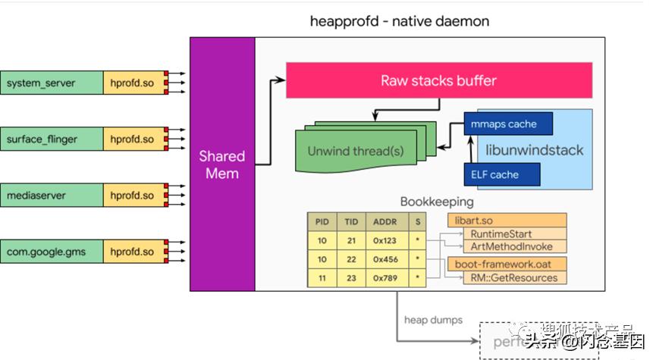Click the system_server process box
pos(52,83)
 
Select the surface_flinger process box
pos(52,139)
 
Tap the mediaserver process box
pos(52,196)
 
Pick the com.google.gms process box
pos(52,252)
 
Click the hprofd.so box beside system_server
pos(132,83)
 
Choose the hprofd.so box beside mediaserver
pos(132,196)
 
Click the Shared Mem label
pos(221,164)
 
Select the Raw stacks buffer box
pos(438,80)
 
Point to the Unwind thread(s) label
pos(356,151)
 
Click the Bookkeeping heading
pos(437,202)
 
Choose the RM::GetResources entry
pos(513,277)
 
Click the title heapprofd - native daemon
pos(399,21)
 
